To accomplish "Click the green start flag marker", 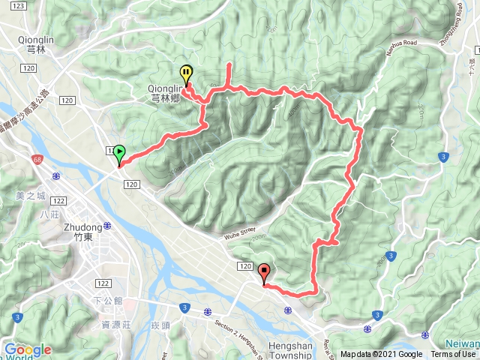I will [119, 152].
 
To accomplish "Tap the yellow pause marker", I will [186, 74].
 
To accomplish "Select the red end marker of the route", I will [263, 272].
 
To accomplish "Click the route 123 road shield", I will [20, 5].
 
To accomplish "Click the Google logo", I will [28, 349].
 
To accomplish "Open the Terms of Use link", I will [453, 355].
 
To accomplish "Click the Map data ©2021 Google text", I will [381, 355].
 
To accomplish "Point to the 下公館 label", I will [109, 300].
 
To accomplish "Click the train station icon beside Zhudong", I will [109, 225].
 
